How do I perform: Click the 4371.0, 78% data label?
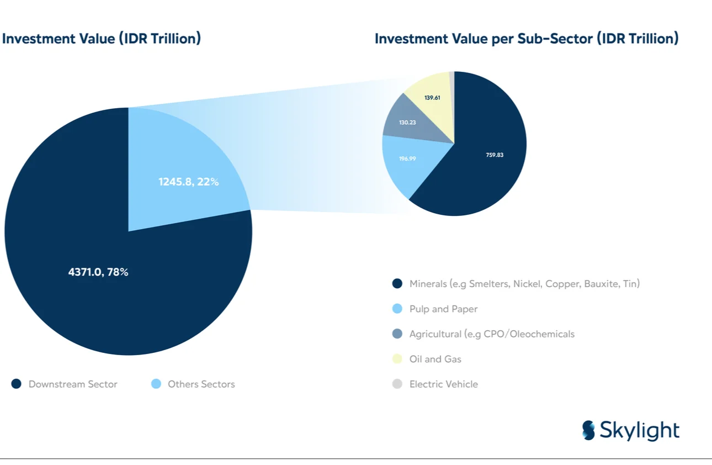tap(98, 272)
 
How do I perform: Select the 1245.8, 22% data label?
tap(188, 181)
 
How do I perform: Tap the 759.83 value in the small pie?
tap(495, 155)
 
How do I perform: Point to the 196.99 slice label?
tap(407, 158)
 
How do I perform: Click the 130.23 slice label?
tap(407, 122)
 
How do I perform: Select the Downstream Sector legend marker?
tap(17, 384)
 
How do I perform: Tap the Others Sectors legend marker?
tap(156, 384)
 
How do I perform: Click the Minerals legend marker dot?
tap(397, 284)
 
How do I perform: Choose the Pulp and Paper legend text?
tap(443, 309)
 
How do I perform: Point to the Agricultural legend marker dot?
tap(397, 334)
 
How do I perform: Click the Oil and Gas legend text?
tap(435, 359)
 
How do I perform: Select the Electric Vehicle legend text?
tap(443, 384)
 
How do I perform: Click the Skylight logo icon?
tap(589, 430)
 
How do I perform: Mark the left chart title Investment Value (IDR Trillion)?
tap(102, 39)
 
